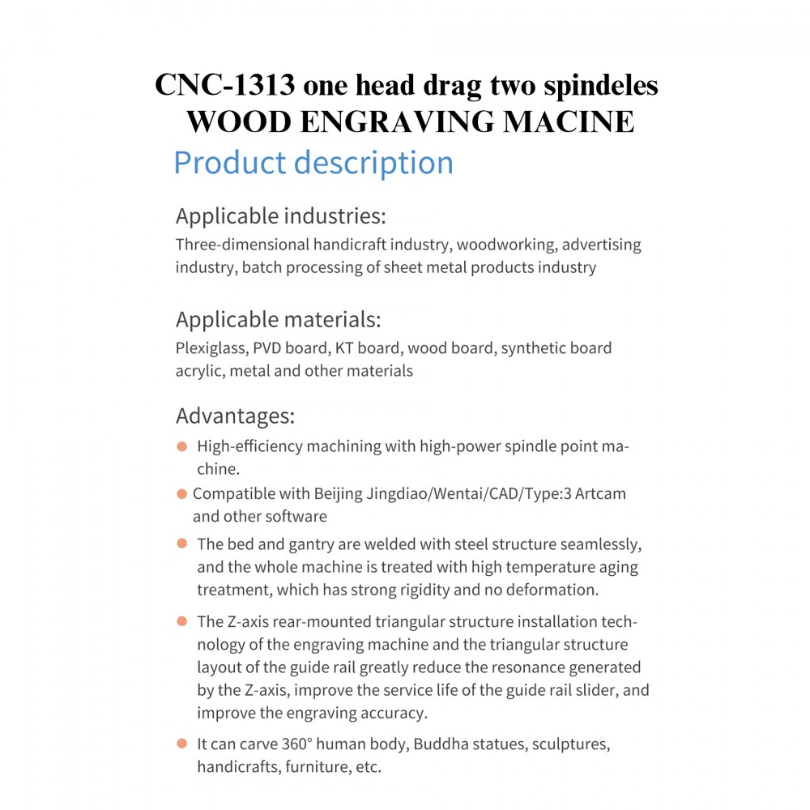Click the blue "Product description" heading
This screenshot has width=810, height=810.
coord(313,163)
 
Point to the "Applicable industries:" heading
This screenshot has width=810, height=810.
coord(281,216)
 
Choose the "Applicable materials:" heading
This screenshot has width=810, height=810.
coord(278,319)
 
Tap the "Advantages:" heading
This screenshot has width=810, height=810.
coord(235,416)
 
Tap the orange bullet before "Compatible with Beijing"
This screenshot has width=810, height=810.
coord(181,493)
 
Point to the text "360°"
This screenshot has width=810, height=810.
coord(302,743)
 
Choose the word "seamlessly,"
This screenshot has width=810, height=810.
coord(597,543)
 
